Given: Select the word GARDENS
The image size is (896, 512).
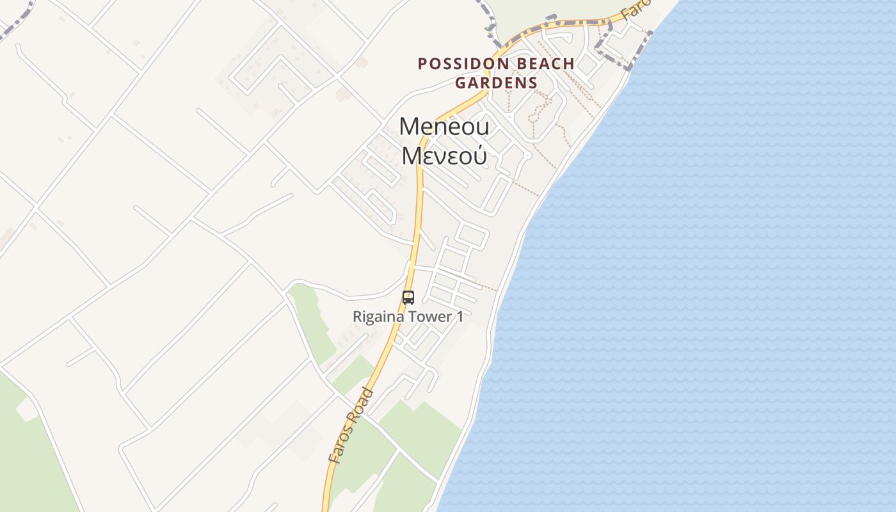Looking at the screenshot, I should click(496, 83).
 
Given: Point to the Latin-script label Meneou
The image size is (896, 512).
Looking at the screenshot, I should click(444, 127).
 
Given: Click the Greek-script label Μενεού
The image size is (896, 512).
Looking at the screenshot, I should click(444, 156).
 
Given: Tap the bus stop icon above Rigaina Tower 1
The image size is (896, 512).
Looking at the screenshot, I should click(408, 297).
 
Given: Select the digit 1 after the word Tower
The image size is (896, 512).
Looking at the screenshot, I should click(460, 316).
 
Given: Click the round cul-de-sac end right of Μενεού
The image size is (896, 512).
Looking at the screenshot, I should click(527, 156).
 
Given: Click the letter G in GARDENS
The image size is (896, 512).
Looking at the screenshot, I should click(460, 83).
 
